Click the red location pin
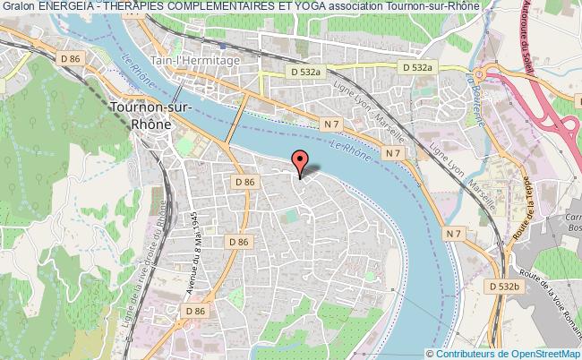point(300,162)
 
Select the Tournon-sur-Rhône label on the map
point(144,116)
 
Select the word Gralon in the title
point(18,7)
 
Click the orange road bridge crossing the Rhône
point(237,117)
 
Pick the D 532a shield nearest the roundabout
point(417,66)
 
